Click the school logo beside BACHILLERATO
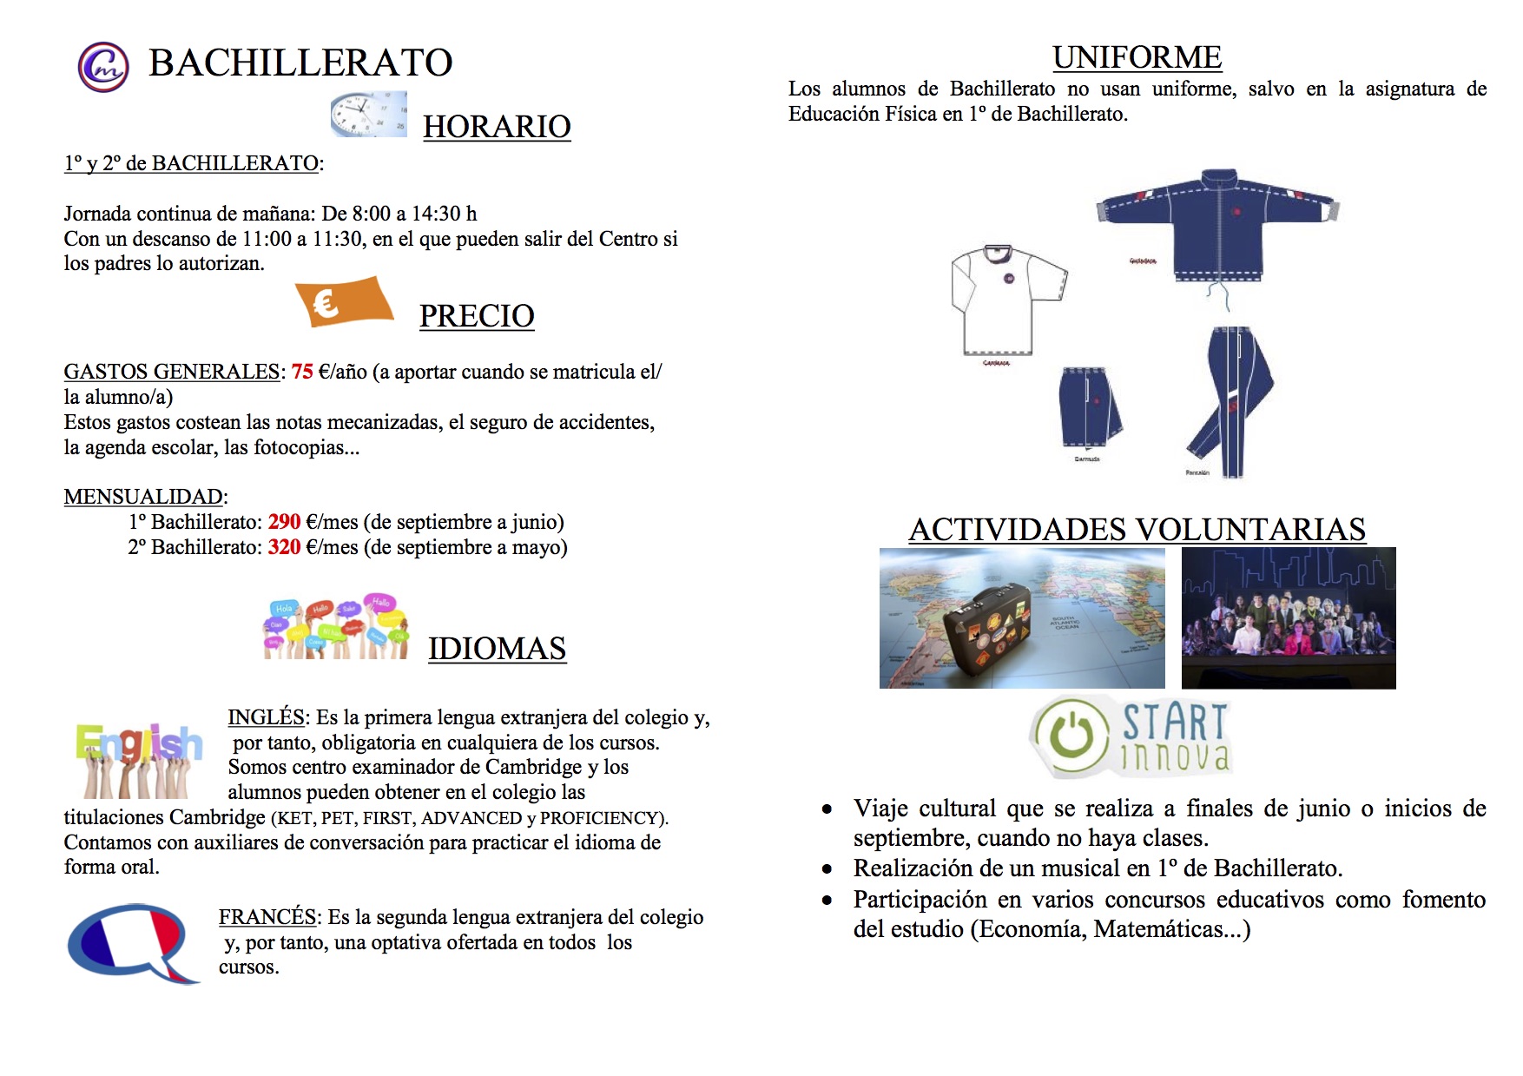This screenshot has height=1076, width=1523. point(103,67)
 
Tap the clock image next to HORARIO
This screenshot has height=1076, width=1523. point(368,114)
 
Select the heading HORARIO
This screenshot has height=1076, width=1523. point(497,127)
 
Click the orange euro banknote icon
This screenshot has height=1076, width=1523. point(343,301)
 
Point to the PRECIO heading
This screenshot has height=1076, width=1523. point(477,316)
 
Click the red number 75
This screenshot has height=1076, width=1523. point(302,372)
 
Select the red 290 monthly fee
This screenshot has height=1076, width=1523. point(284,522)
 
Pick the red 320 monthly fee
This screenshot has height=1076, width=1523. point(284,547)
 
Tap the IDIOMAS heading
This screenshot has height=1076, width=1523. point(497,649)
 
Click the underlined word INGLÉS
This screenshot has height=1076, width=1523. point(266,717)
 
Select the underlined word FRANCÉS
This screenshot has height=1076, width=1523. point(267,917)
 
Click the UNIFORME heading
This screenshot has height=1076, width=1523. point(1137,57)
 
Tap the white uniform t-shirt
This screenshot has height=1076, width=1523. point(1007,300)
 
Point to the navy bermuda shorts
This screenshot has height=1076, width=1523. point(1089,408)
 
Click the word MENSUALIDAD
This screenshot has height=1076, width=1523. point(143,497)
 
